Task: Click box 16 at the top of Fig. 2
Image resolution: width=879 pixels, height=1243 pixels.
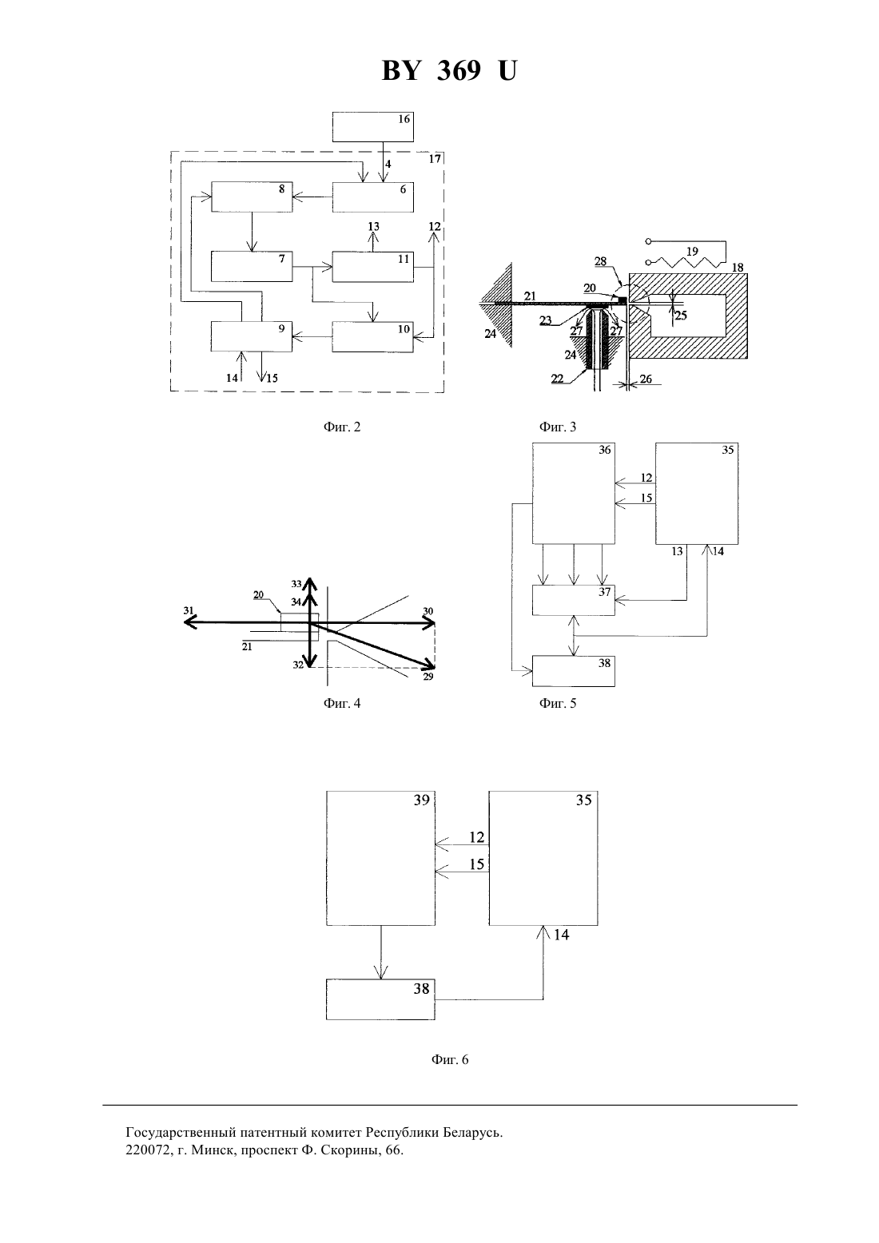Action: pos(373,126)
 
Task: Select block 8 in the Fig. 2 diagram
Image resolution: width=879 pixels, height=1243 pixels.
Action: pos(252,197)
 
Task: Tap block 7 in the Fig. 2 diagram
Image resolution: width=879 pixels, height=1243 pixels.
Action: pos(252,266)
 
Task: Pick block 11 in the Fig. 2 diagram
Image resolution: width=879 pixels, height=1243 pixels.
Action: pos(373,266)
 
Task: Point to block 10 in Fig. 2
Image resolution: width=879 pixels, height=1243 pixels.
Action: pos(373,336)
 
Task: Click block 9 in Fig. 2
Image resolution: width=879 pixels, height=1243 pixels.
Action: pos(252,336)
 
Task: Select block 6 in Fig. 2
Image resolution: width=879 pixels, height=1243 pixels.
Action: pos(373,197)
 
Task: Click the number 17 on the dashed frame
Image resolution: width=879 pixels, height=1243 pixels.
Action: pos(435,159)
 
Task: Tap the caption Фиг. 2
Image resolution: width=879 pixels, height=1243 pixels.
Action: pos(342,427)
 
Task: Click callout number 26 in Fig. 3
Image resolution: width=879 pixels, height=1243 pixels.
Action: pos(646,379)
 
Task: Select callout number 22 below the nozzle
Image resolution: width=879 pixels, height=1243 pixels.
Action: pos(557,379)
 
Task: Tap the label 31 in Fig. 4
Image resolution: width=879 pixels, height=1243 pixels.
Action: pos(189,610)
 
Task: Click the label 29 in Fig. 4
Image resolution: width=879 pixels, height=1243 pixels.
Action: pos(428,677)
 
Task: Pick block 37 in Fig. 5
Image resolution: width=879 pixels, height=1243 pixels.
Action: pos(573,600)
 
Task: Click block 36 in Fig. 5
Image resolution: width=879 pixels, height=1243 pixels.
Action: pos(573,494)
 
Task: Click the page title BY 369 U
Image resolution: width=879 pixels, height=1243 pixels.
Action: pos(449,70)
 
